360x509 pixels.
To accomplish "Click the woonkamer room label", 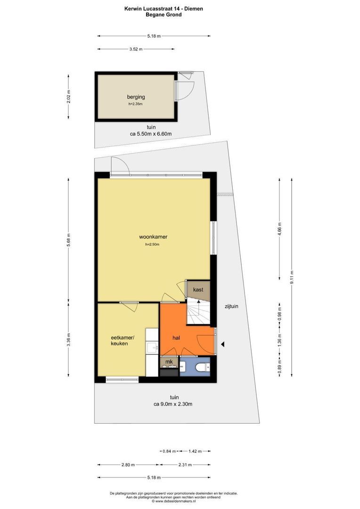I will (x=154, y=237).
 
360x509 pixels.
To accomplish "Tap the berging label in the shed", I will (x=135, y=97).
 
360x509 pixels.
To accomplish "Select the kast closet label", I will (x=198, y=289).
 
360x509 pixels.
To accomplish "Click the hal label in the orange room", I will (x=177, y=338).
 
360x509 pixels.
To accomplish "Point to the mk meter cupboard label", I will (x=169, y=362).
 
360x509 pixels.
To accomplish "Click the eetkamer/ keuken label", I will (x=119, y=341).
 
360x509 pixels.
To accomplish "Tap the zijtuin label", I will (x=231, y=306).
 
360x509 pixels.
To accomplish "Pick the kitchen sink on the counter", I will (x=152, y=348).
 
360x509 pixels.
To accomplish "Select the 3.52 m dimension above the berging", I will (x=136, y=49).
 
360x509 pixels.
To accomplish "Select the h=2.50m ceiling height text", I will (x=153, y=245).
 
